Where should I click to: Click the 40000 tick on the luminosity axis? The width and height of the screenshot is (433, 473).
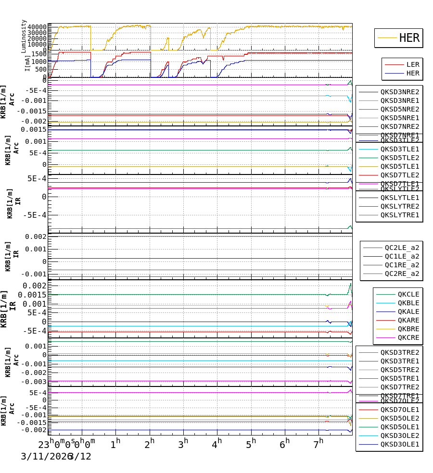click(x=37, y=27)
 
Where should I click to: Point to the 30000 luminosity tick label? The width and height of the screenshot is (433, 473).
click(x=37, y=33)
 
